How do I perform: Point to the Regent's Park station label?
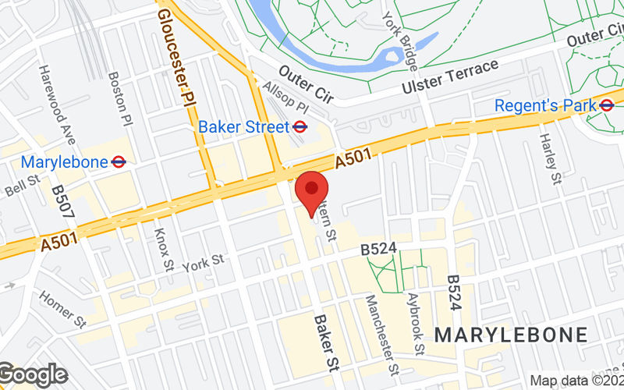(x=545, y=105)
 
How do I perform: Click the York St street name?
(x=203, y=263)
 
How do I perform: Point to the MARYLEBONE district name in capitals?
(x=511, y=335)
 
